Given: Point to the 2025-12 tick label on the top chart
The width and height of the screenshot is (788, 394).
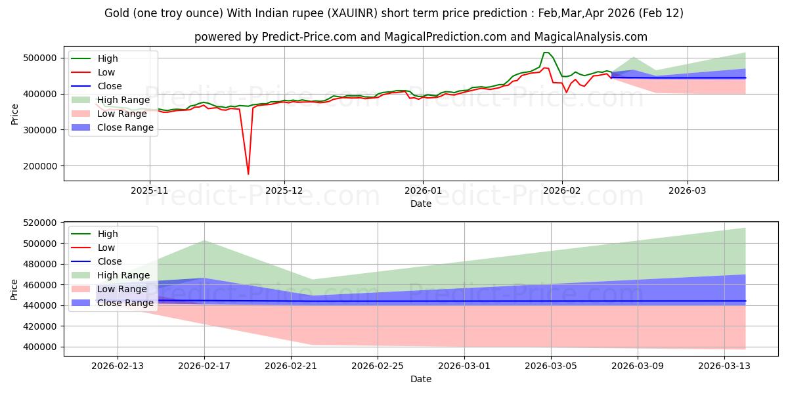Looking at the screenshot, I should click(x=284, y=190).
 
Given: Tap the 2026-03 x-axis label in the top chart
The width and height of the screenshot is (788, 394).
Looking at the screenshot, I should click(x=688, y=190).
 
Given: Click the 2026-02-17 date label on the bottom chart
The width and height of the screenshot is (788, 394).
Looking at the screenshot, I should click(x=204, y=365).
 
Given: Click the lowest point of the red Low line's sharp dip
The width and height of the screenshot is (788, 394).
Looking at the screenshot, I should click(x=248, y=174).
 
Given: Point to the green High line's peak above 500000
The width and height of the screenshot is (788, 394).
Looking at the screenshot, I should click(x=546, y=53).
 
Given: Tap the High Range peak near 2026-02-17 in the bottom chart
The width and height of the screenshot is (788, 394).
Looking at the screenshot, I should click(x=204, y=240).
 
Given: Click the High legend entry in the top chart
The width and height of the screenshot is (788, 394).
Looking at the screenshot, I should click(x=108, y=58).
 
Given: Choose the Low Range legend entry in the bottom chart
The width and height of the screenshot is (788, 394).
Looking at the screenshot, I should click(x=121, y=289).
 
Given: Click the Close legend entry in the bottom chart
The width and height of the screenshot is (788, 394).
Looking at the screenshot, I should click(x=110, y=261).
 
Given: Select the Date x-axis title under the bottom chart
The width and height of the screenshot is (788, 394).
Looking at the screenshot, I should click(x=421, y=379).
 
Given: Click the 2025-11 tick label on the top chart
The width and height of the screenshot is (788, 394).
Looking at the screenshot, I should click(x=150, y=190).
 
